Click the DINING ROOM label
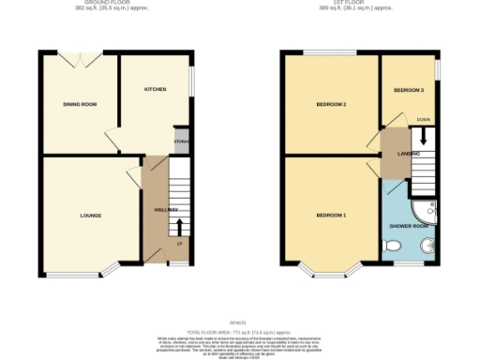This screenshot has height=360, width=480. (x=80, y=104)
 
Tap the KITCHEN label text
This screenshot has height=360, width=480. (x=155, y=89)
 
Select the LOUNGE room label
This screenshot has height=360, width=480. (x=90, y=216)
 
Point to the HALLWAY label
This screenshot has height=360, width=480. (x=165, y=209)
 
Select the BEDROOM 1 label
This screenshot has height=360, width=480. (x=331, y=216)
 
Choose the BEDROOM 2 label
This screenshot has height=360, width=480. (x=331, y=104)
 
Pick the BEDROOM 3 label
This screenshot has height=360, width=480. (x=409, y=89)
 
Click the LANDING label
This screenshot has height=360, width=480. (x=409, y=153)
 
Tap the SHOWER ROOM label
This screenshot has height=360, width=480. (x=409, y=226)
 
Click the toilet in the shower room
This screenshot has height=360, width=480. (x=395, y=246)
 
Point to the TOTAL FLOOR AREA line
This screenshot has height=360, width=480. (x=240, y=307)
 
